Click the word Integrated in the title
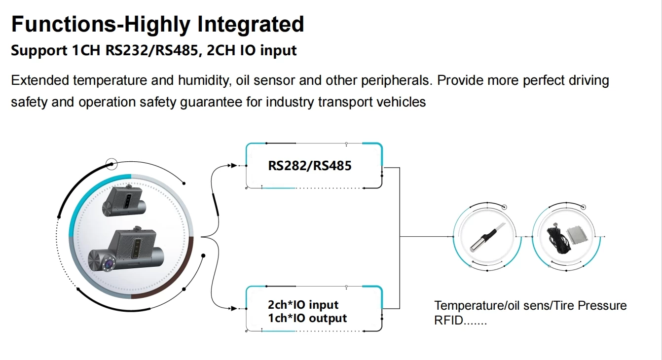tap(251, 24)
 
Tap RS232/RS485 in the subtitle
tap(151, 50)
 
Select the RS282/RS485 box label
tap(310, 166)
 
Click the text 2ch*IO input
tap(303, 305)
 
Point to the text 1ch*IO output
tap(307, 318)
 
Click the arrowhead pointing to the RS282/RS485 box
tap(234, 166)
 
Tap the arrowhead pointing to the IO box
tap(234, 309)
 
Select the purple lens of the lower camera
tap(110, 263)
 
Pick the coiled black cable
tap(557, 239)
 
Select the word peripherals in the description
tap(397, 80)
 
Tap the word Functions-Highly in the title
tap(101, 25)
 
